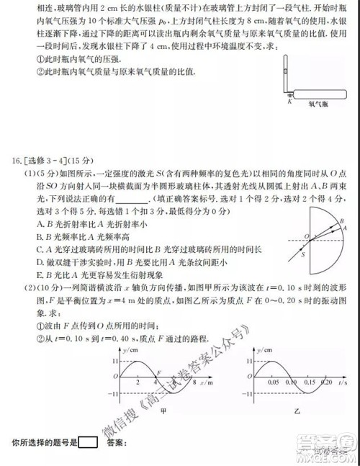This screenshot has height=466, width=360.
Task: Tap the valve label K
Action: click(289, 102)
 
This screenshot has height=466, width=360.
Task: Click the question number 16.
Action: click(14, 161)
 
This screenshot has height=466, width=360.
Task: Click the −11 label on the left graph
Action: click(110, 395)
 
